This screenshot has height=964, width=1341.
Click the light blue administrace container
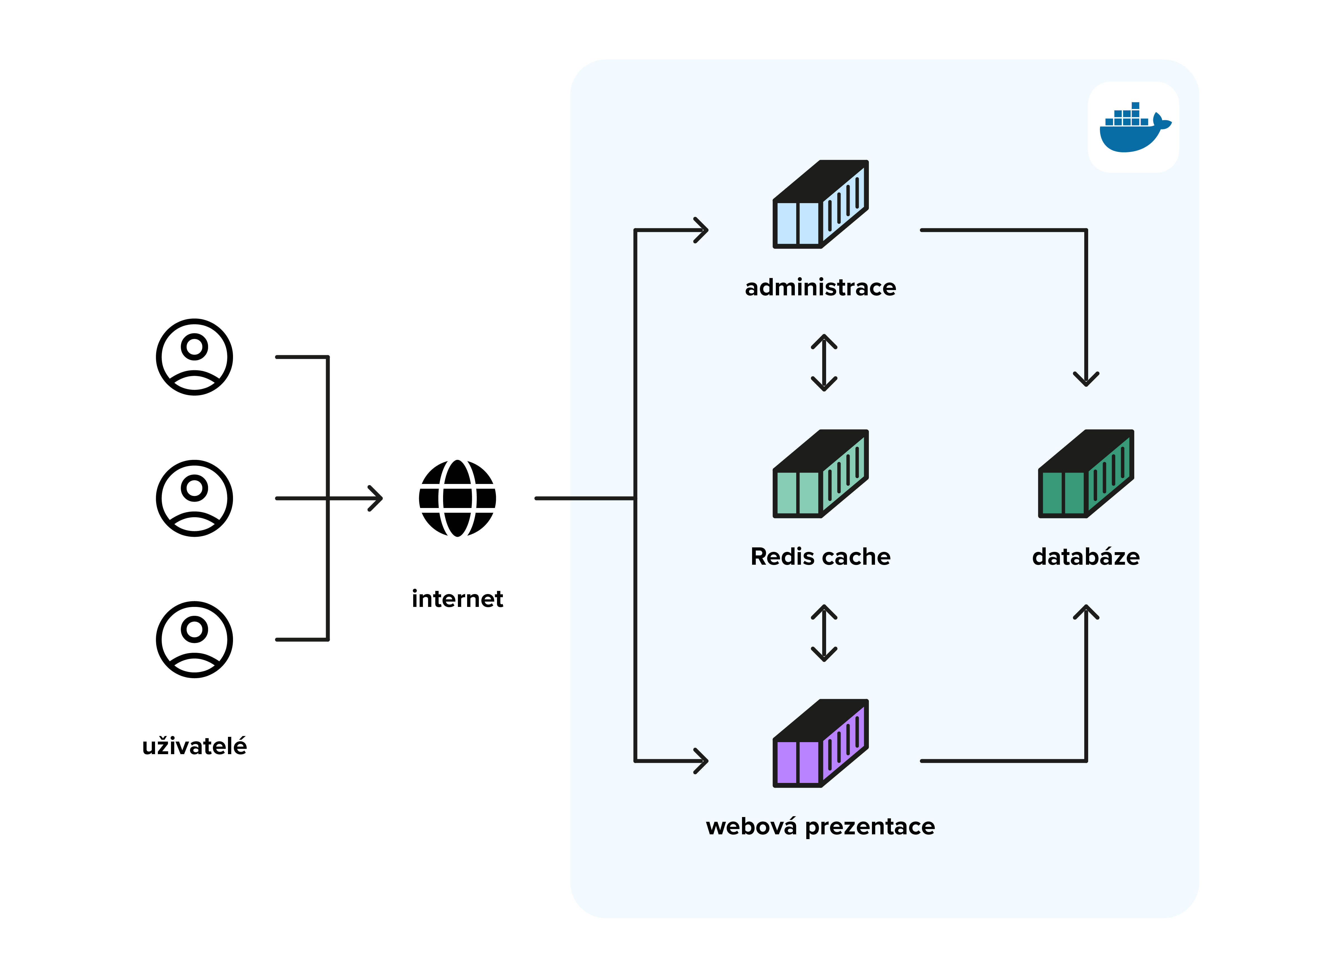click(x=820, y=204)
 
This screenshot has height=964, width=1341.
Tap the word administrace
click(x=820, y=288)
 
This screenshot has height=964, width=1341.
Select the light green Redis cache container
click(x=820, y=474)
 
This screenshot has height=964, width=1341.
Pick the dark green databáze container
click(x=1086, y=474)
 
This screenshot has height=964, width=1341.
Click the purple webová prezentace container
click(x=820, y=744)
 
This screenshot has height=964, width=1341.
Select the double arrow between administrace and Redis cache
click(x=824, y=362)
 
